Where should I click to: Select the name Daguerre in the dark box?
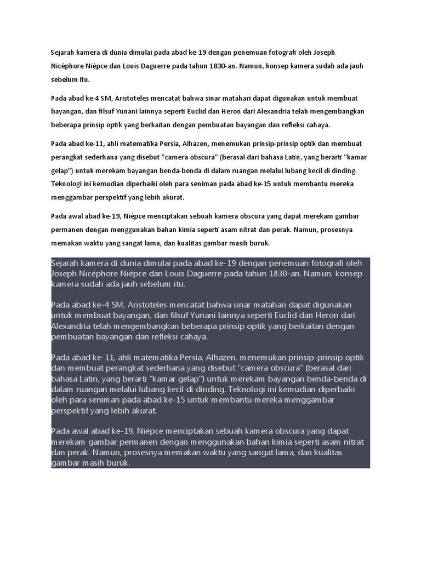click(241, 273)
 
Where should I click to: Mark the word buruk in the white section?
click(260, 243)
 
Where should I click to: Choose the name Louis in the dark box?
click(203, 273)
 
